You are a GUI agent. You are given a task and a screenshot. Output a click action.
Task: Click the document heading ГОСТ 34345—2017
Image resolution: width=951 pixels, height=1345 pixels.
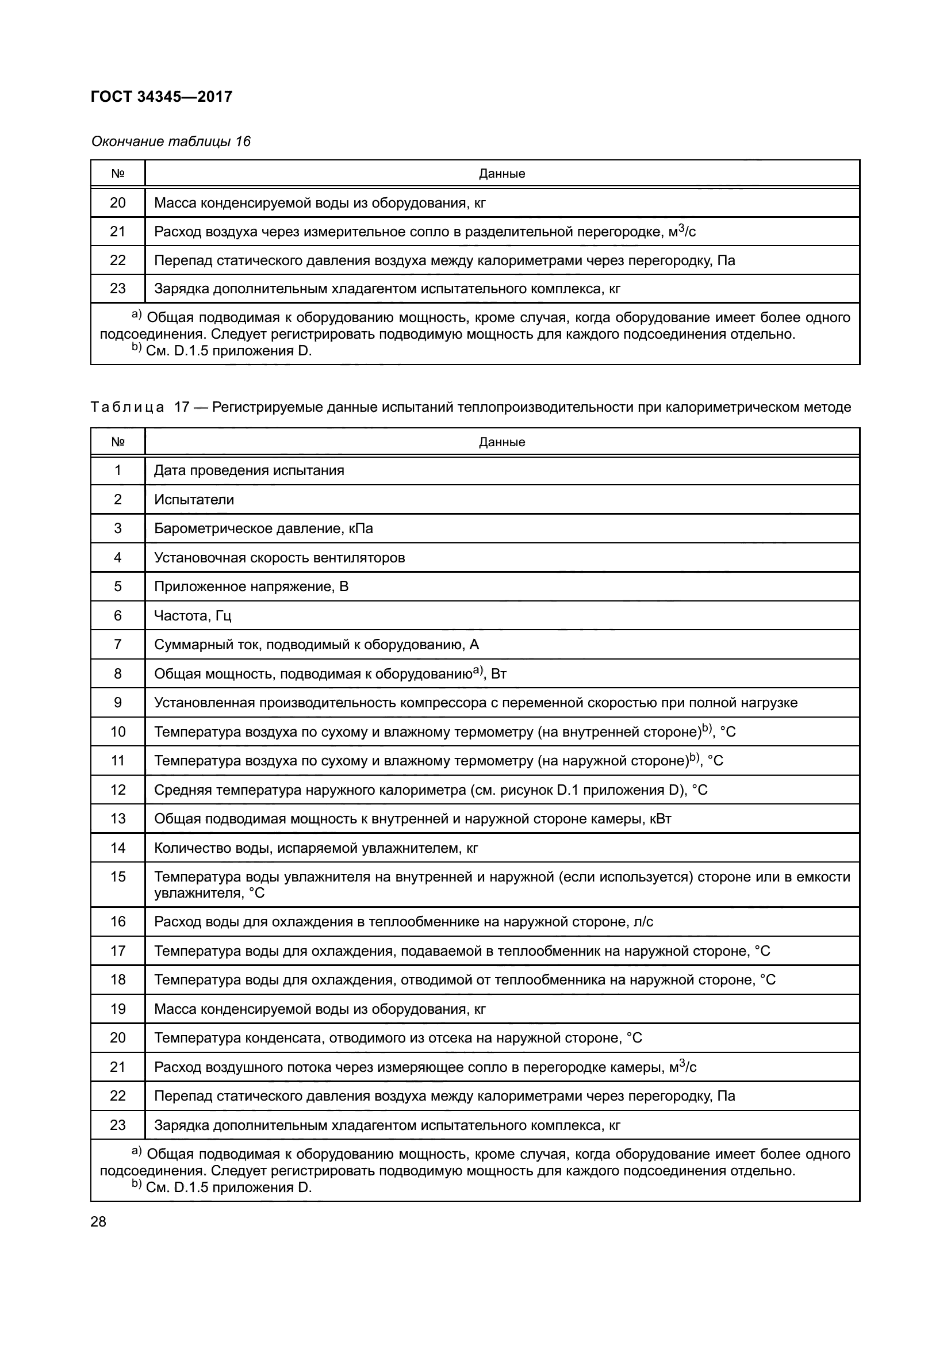[162, 97]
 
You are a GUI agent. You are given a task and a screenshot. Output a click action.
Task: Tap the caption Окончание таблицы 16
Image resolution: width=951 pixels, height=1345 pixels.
[170, 141]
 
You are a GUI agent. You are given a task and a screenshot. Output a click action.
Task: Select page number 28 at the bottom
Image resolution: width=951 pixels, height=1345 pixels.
[98, 1221]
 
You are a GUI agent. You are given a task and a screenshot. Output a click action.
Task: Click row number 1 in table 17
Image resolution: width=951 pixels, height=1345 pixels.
[118, 470]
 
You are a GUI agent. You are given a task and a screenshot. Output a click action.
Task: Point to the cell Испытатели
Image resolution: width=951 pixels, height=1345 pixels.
[194, 500]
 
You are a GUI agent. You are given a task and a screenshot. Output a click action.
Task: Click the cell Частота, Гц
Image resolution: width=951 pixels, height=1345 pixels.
[193, 616]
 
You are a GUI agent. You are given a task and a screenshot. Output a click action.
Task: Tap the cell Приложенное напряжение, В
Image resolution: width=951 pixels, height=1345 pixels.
[251, 587]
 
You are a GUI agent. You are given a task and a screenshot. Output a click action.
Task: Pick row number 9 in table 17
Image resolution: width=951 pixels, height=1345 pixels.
[118, 702]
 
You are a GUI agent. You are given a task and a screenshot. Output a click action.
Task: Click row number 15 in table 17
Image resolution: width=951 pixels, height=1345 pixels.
[118, 876]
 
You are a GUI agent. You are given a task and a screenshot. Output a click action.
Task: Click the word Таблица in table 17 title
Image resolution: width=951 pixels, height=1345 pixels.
[127, 407]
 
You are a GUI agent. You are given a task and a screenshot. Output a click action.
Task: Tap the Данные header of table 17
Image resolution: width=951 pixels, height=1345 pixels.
[502, 442]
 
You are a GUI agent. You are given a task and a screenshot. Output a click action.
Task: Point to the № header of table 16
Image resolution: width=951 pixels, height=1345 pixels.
[118, 174]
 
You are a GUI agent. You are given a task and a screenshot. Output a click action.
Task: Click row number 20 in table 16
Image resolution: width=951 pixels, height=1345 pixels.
[118, 202]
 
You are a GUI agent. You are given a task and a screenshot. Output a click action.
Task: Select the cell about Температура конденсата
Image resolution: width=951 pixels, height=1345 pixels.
[398, 1038]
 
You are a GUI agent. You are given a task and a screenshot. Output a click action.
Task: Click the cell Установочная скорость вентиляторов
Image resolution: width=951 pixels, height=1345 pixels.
[279, 558]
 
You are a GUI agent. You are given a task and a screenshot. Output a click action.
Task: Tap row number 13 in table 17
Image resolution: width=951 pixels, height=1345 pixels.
[118, 818]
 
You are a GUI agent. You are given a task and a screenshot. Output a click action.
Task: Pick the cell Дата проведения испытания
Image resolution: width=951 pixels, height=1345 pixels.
[249, 470]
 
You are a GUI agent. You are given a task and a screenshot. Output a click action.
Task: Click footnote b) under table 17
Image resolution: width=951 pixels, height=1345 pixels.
[223, 1187]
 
